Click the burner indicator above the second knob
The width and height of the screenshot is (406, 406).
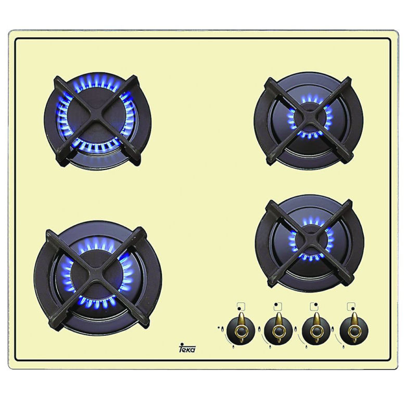click(x=277, y=306)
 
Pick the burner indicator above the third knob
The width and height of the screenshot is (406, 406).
click(x=314, y=306)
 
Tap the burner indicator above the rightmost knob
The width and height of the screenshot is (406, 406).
click(x=351, y=306)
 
